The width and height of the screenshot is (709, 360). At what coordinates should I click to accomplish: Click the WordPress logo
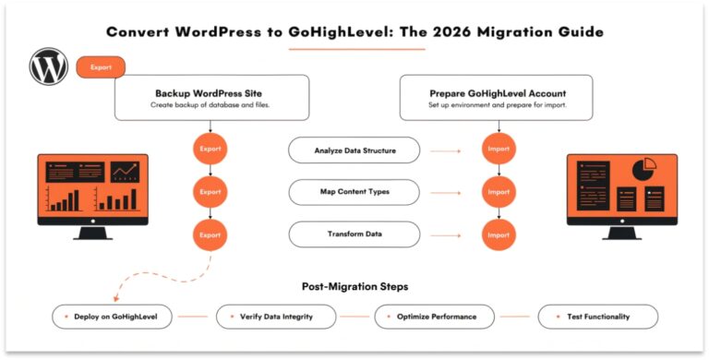(x=49, y=66)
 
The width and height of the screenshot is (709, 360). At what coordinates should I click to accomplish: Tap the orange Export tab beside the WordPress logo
(x=101, y=66)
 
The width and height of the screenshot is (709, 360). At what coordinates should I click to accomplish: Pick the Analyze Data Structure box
(x=354, y=149)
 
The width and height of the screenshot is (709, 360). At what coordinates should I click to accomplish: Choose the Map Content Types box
(x=354, y=192)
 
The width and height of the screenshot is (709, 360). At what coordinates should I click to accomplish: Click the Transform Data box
(x=354, y=234)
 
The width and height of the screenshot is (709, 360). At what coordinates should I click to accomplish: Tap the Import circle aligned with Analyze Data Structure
(x=498, y=149)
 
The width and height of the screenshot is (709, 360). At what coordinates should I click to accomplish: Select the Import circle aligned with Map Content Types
(x=498, y=192)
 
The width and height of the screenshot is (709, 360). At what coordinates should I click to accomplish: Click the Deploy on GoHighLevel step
(x=114, y=317)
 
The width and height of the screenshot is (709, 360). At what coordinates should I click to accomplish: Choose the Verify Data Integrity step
(x=276, y=317)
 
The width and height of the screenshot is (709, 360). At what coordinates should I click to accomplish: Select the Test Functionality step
(x=598, y=317)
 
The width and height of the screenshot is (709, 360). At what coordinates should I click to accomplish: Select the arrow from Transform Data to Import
(x=447, y=235)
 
